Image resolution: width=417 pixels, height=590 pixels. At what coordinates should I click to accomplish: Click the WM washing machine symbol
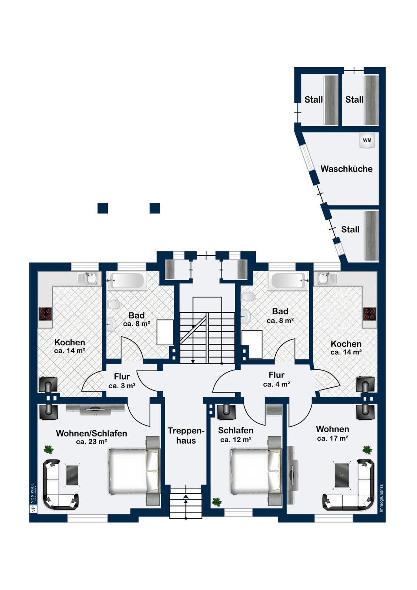coord(367,141)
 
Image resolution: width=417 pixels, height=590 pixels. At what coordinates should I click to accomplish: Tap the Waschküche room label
coord(347,169)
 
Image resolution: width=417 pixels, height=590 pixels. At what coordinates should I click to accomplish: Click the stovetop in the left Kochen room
coord(45,314)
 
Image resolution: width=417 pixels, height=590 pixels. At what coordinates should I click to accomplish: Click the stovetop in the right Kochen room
coord(370,314)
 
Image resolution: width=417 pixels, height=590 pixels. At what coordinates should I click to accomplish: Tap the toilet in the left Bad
coord(114,304)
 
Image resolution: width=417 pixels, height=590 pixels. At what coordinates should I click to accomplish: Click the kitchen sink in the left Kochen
coord(89,278)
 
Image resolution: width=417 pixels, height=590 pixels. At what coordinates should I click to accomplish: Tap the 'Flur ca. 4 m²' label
coord(277,379)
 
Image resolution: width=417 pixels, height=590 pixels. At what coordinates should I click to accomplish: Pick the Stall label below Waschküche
coord(350,229)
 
